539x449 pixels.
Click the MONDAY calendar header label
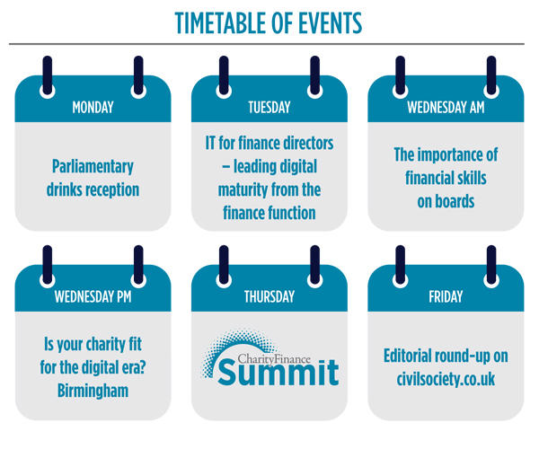93,108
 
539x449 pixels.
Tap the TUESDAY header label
269,108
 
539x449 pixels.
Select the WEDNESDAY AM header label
446,108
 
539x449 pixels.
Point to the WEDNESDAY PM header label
93,297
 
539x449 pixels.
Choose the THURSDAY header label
269,297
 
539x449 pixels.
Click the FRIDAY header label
446,297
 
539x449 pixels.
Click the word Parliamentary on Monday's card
93,167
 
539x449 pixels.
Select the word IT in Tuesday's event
210,143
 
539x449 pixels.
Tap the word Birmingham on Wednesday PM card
93,391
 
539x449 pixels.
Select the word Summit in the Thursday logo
278,373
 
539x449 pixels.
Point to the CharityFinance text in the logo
274,359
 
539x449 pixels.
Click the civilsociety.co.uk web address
446,379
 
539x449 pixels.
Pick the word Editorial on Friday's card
408,356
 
